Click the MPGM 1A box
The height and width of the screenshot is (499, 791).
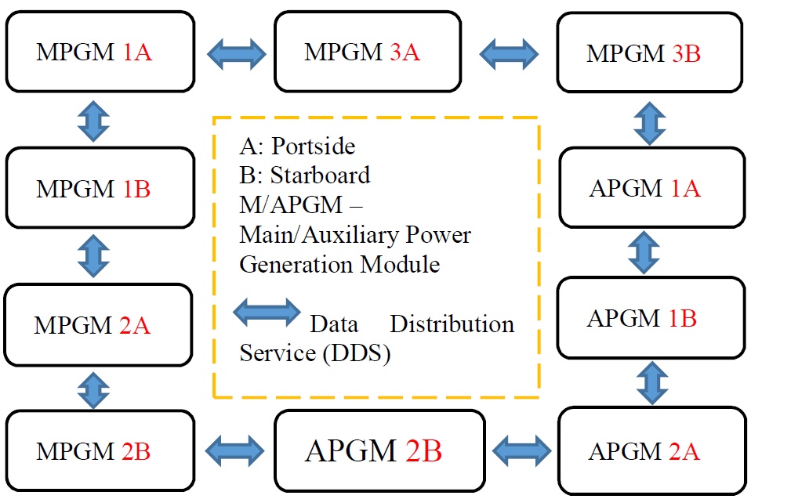click(100, 52)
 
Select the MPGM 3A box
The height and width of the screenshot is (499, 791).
click(367, 52)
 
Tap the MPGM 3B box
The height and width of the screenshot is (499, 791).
click(649, 53)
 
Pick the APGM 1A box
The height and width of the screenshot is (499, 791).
click(651, 188)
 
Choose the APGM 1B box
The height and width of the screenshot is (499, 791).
click(649, 319)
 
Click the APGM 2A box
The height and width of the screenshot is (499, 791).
click(650, 451)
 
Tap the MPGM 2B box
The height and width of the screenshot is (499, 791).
click(100, 451)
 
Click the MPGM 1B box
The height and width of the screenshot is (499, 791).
click(100, 189)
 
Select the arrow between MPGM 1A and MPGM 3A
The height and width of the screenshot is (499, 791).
click(236, 53)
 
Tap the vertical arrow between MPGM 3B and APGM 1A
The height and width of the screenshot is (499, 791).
click(650, 121)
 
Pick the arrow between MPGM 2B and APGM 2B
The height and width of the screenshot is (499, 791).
click(234, 450)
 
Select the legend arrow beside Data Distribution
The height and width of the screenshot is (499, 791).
click(267, 313)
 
